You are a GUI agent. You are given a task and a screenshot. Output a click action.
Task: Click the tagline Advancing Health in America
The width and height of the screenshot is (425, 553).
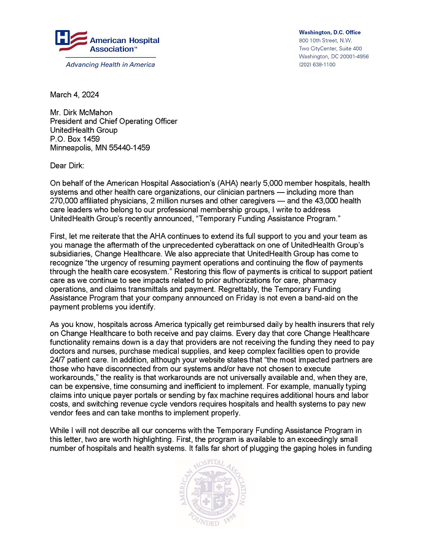click(x=102, y=65)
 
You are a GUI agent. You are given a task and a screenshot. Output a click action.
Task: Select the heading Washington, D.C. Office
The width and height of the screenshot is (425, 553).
click(x=329, y=32)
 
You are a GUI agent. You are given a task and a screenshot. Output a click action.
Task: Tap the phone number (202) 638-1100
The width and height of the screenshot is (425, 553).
click(x=317, y=64)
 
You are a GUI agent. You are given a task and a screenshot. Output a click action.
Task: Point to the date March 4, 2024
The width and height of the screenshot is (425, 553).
click(x=74, y=95)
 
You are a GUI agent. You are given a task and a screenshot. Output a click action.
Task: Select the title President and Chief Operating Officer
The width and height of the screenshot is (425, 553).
click(x=114, y=121)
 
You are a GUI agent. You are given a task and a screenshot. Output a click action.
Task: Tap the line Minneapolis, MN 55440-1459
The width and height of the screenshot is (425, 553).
click(x=99, y=147)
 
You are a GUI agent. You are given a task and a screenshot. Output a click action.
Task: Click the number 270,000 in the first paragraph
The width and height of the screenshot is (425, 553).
click(x=66, y=202)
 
